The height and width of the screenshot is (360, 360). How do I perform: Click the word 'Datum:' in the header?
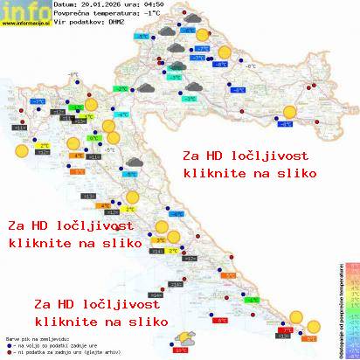point(66,4)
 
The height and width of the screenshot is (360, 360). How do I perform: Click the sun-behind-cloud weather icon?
point(184,338)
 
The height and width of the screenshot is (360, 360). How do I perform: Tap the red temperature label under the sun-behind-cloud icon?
point(181,350)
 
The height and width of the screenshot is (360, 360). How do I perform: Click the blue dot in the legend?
point(8,346)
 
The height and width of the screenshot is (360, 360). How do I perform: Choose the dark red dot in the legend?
point(8,353)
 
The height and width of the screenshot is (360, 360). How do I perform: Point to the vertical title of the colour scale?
point(336,307)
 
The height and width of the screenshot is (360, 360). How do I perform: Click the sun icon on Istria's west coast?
point(19,150)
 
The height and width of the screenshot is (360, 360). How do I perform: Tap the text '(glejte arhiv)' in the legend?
point(87,353)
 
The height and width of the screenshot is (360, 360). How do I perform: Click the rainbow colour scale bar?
point(351,306)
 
